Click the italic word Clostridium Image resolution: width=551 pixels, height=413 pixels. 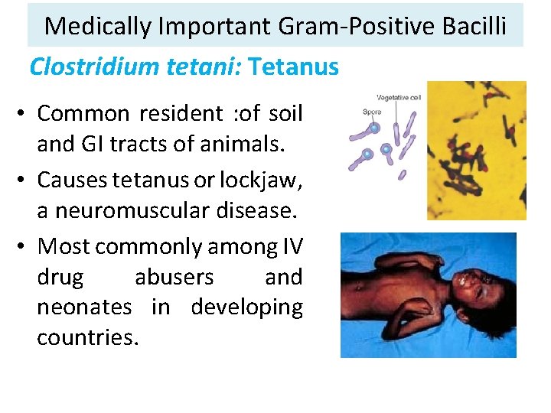pyautogui.click(x=95, y=67)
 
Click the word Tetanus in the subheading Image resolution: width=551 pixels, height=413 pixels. pyautogui.click(x=294, y=67)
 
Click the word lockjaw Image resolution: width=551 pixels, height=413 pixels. pyautogui.click(x=259, y=180)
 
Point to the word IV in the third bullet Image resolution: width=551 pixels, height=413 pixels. pyautogui.click(x=289, y=246)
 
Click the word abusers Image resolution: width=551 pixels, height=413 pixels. pyautogui.click(x=174, y=277)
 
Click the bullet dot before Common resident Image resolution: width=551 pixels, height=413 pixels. pyautogui.click(x=26, y=115)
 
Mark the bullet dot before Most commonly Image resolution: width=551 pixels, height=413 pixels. pyautogui.click(x=26, y=247)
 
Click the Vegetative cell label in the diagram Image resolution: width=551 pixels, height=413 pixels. pyautogui.click(x=398, y=98)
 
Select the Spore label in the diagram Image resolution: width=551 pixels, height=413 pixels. pyautogui.click(x=371, y=112)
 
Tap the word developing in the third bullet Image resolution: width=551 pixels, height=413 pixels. pyautogui.click(x=246, y=307)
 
